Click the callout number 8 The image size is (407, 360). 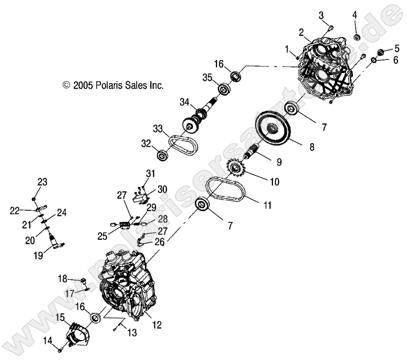coord(311,147)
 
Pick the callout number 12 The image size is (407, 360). coord(157,324)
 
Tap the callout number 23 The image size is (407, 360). coord(42,182)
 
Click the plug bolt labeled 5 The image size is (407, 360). coord(380,52)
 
